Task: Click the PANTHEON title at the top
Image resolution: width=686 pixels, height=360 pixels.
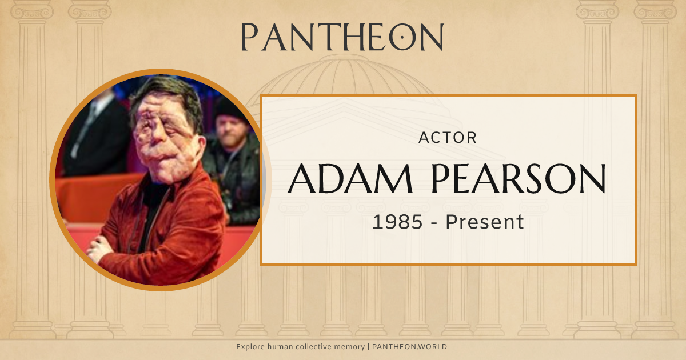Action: pyautogui.click(x=342, y=37)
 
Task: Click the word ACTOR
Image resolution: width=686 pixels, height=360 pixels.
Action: pyautogui.click(x=448, y=138)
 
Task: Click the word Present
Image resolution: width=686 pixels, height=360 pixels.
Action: pyautogui.click(x=485, y=222)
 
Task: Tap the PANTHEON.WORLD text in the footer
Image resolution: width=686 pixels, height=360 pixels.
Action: pyautogui.click(x=409, y=347)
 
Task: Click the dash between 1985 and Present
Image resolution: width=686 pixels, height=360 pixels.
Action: pyautogui.click(x=434, y=222)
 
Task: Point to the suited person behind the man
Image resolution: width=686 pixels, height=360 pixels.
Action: pyautogui.click(x=94, y=131)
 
